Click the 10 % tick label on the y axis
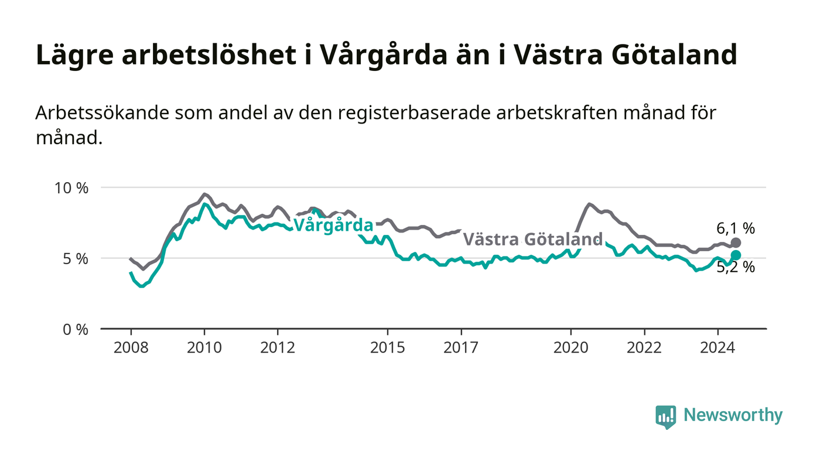click(x=71, y=188)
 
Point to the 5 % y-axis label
click(x=76, y=259)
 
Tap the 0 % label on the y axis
click(x=76, y=330)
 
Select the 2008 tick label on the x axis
click(x=131, y=348)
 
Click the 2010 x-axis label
click(x=204, y=348)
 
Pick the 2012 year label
click(x=278, y=348)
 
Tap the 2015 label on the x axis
click(x=388, y=348)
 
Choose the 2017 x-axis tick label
click(x=461, y=348)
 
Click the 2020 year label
click(x=571, y=348)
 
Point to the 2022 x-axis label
click(x=644, y=348)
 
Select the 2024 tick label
click(x=717, y=348)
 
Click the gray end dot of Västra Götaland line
click(x=736, y=243)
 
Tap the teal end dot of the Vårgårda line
click(x=736, y=255)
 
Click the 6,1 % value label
click(x=736, y=228)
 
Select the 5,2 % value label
click(x=736, y=267)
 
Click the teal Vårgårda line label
click(x=333, y=225)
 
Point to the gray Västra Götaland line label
click(x=532, y=239)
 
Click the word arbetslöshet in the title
click(x=209, y=55)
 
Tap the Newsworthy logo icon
click(x=665, y=416)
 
